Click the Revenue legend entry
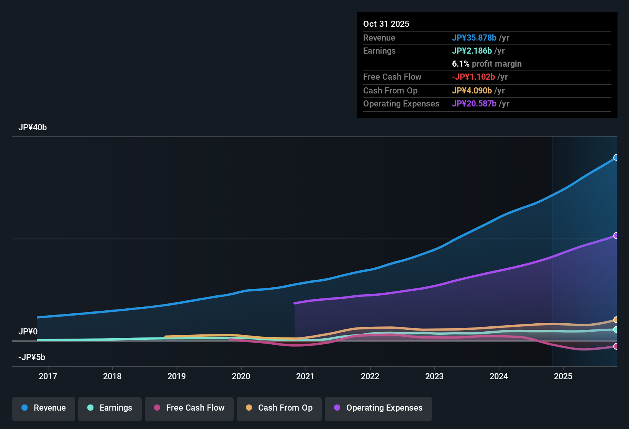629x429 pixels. tap(44, 408)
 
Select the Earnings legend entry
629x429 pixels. tap(110, 408)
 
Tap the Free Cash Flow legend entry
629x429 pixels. tap(189, 408)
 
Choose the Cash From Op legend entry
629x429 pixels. tap(279, 408)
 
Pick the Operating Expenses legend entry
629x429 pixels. tap(378, 408)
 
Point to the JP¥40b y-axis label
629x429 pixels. tap(33, 128)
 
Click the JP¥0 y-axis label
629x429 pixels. tap(28, 332)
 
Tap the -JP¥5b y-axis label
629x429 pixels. tap(32, 357)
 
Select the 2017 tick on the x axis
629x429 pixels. tap(48, 377)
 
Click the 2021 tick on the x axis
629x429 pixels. tap(305, 377)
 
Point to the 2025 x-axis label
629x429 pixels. tap(563, 377)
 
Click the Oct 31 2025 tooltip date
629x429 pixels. tap(386, 24)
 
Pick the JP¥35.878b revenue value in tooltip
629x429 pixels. tap(474, 38)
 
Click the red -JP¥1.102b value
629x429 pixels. tap(473, 77)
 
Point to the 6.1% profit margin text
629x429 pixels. tap(487, 64)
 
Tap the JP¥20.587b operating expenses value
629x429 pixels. tap(474, 104)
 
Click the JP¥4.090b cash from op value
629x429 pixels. tap(472, 91)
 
